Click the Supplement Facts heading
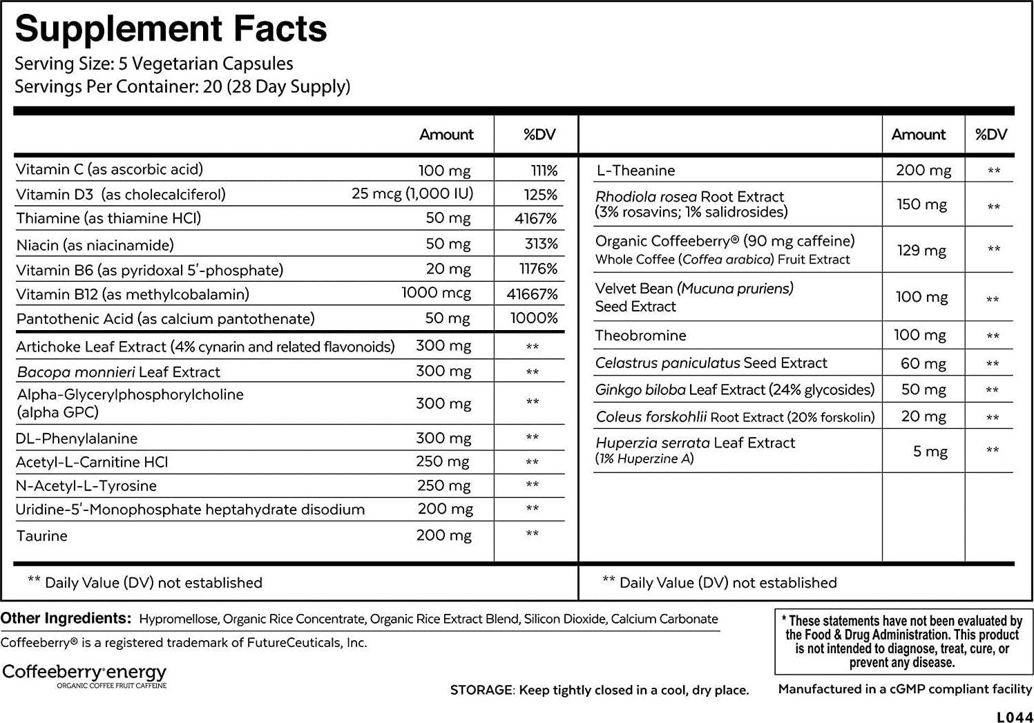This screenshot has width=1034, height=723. pos(171,29)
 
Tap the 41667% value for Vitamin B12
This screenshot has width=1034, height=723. pos(532,294)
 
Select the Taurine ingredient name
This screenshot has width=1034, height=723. pos(42,536)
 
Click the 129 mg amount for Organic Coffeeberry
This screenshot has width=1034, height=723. pos(921,250)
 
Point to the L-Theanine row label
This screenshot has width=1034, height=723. pos(635,171)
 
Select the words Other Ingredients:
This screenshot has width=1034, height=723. pos(66,618)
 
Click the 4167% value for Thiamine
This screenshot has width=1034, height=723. pos(535,219)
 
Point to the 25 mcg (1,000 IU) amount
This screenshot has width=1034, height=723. pos(412,194)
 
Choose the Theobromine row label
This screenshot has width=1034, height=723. pos(640,336)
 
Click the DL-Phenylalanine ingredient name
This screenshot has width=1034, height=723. pos(77,438)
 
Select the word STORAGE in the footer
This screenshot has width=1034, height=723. pos(481,690)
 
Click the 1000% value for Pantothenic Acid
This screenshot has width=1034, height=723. pos(534,318)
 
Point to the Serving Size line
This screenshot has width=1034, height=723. pos(154,64)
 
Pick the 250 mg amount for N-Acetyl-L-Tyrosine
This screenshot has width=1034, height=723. pos(443,485)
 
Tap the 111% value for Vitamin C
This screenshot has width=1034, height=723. pos(544,171)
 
